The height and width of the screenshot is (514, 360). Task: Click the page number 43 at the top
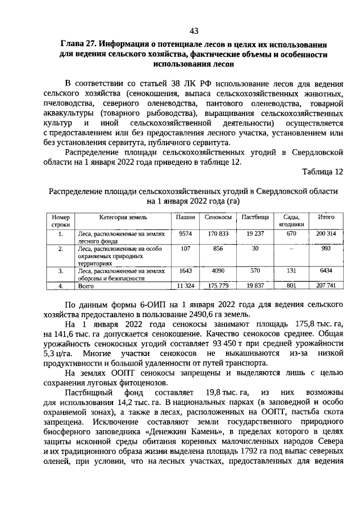193,30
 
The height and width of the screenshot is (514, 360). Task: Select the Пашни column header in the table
185,216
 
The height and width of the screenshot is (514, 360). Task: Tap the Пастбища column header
255,216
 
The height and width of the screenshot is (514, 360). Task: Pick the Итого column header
326,216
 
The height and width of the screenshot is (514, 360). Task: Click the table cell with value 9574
185,232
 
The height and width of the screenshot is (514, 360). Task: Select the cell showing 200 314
326,232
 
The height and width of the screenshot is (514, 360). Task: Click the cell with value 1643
185,270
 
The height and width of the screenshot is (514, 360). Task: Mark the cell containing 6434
326,270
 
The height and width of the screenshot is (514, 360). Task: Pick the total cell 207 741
326,286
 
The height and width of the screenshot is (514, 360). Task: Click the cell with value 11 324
185,286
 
